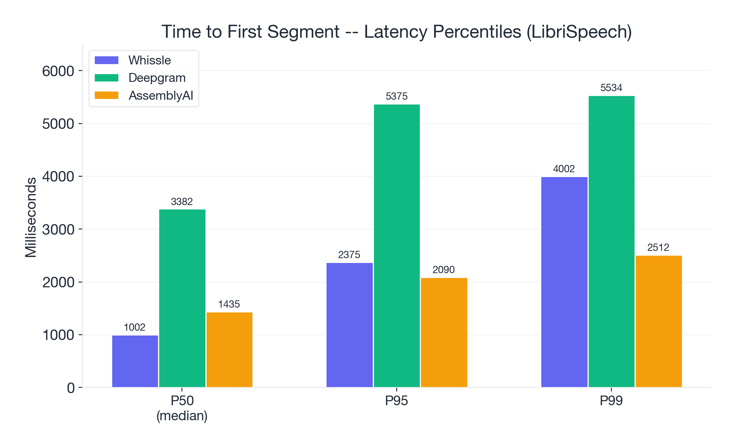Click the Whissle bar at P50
135,361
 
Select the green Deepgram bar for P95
397,246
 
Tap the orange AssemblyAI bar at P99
658,321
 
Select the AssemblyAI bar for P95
444,332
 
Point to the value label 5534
611,88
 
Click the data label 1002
135,327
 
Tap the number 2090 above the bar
444,270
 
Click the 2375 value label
349,255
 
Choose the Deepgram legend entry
157,78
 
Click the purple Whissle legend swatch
107,60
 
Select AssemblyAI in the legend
160,96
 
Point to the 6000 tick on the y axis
58,71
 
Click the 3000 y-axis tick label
58,230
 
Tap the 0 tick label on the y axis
71,388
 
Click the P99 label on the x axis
611,401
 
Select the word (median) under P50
182,416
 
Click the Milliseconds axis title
31,217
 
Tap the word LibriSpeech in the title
579,32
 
